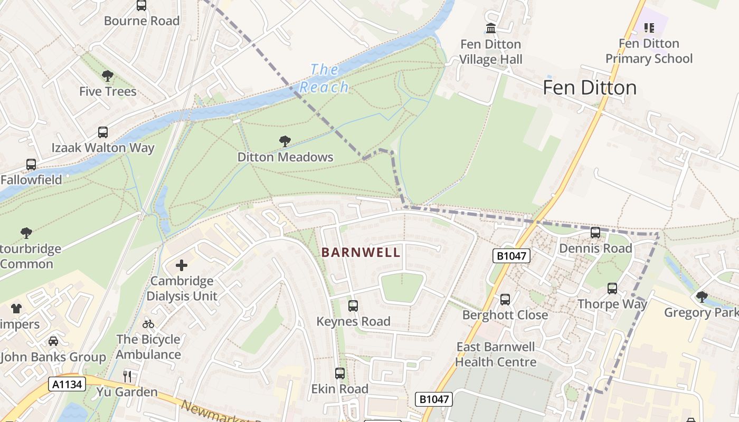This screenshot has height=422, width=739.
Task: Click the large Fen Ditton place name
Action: pyautogui.click(x=590, y=88)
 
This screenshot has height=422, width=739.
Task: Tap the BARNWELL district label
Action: pyautogui.click(x=361, y=253)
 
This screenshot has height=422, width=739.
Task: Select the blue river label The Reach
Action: pyautogui.click(x=324, y=78)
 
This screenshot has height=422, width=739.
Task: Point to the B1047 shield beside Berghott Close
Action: pyautogui.click(x=511, y=256)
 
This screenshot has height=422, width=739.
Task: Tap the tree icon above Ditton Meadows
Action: pyautogui.click(x=285, y=141)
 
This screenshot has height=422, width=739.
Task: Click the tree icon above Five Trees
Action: pyautogui.click(x=108, y=76)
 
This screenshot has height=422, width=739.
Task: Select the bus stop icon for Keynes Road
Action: pyautogui.click(x=353, y=306)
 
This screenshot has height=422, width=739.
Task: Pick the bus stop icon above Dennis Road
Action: pyautogui.click(x=595, y=233)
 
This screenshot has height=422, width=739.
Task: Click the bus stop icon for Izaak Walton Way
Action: pyautogui.click(x=103, y=132)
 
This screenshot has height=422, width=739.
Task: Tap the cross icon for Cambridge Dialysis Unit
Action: pyautogui.click(x=182, y=265)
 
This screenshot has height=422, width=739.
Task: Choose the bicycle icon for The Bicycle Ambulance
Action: pyautogui.click(x=148, y=324)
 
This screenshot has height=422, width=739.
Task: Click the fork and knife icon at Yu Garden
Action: pyautogui.click(x=127, y=377)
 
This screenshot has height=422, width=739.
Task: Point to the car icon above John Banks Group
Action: pyautogui.click(x=53, y=342)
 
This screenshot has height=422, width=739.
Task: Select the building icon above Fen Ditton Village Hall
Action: pyautogui.click(x=491, y=28)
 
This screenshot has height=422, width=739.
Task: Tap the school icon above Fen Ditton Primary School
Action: pyautogui.click(x=649, y=27)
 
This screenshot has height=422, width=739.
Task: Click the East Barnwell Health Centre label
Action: pyautogui.click(x=496, y=354)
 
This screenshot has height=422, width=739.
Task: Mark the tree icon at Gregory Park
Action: pyautogui.click(x=702, y=297)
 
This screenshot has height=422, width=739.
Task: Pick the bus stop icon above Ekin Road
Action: pyautogui.click(x=340, y=373)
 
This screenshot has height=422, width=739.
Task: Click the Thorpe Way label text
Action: pyautogui.click(x=612, y=304)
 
